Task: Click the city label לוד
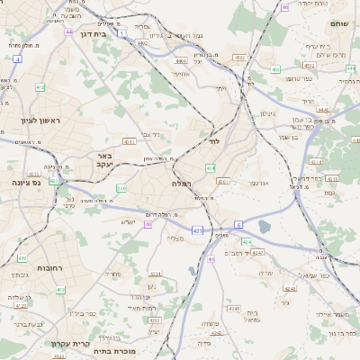(213, 142)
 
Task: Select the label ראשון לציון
(37, 121)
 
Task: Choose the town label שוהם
(338, 23)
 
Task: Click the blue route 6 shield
(238, 223)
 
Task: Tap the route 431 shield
(196, 231)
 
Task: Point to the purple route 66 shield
(284, 7)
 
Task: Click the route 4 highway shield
(17, 58)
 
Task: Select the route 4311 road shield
(129, 141)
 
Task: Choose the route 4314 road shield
(315, 161)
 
